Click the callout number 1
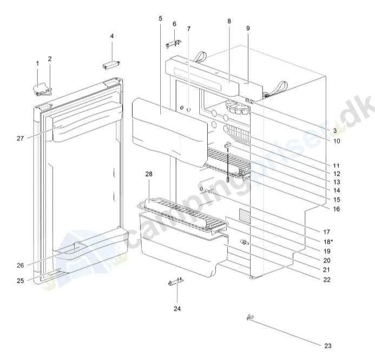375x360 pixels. (37, 64)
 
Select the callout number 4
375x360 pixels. (112, 36)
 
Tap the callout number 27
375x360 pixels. (20, 139)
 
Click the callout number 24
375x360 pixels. (177, 309)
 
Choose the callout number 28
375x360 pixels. (149, 174)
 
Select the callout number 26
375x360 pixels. (20, 265)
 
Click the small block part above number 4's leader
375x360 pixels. (111, 65)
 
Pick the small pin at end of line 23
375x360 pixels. (249, 317)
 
